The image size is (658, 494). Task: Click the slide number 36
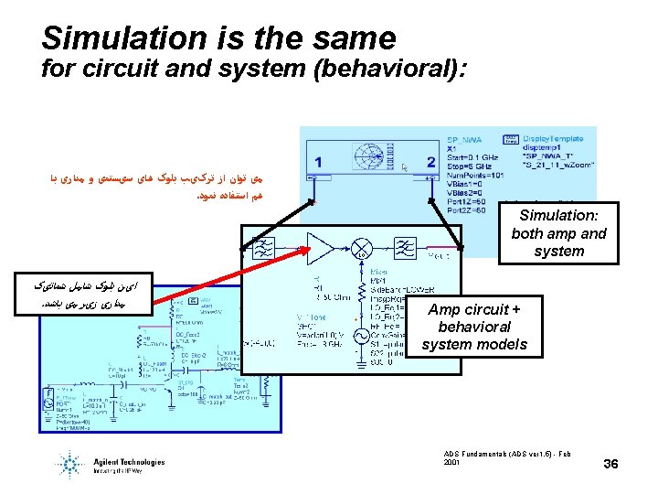611,465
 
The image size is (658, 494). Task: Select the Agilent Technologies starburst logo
72,463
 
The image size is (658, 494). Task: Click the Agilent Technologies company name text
129,461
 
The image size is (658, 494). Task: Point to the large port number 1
317,162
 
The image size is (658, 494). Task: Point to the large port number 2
430,162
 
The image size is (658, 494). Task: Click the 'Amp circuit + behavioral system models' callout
473,327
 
